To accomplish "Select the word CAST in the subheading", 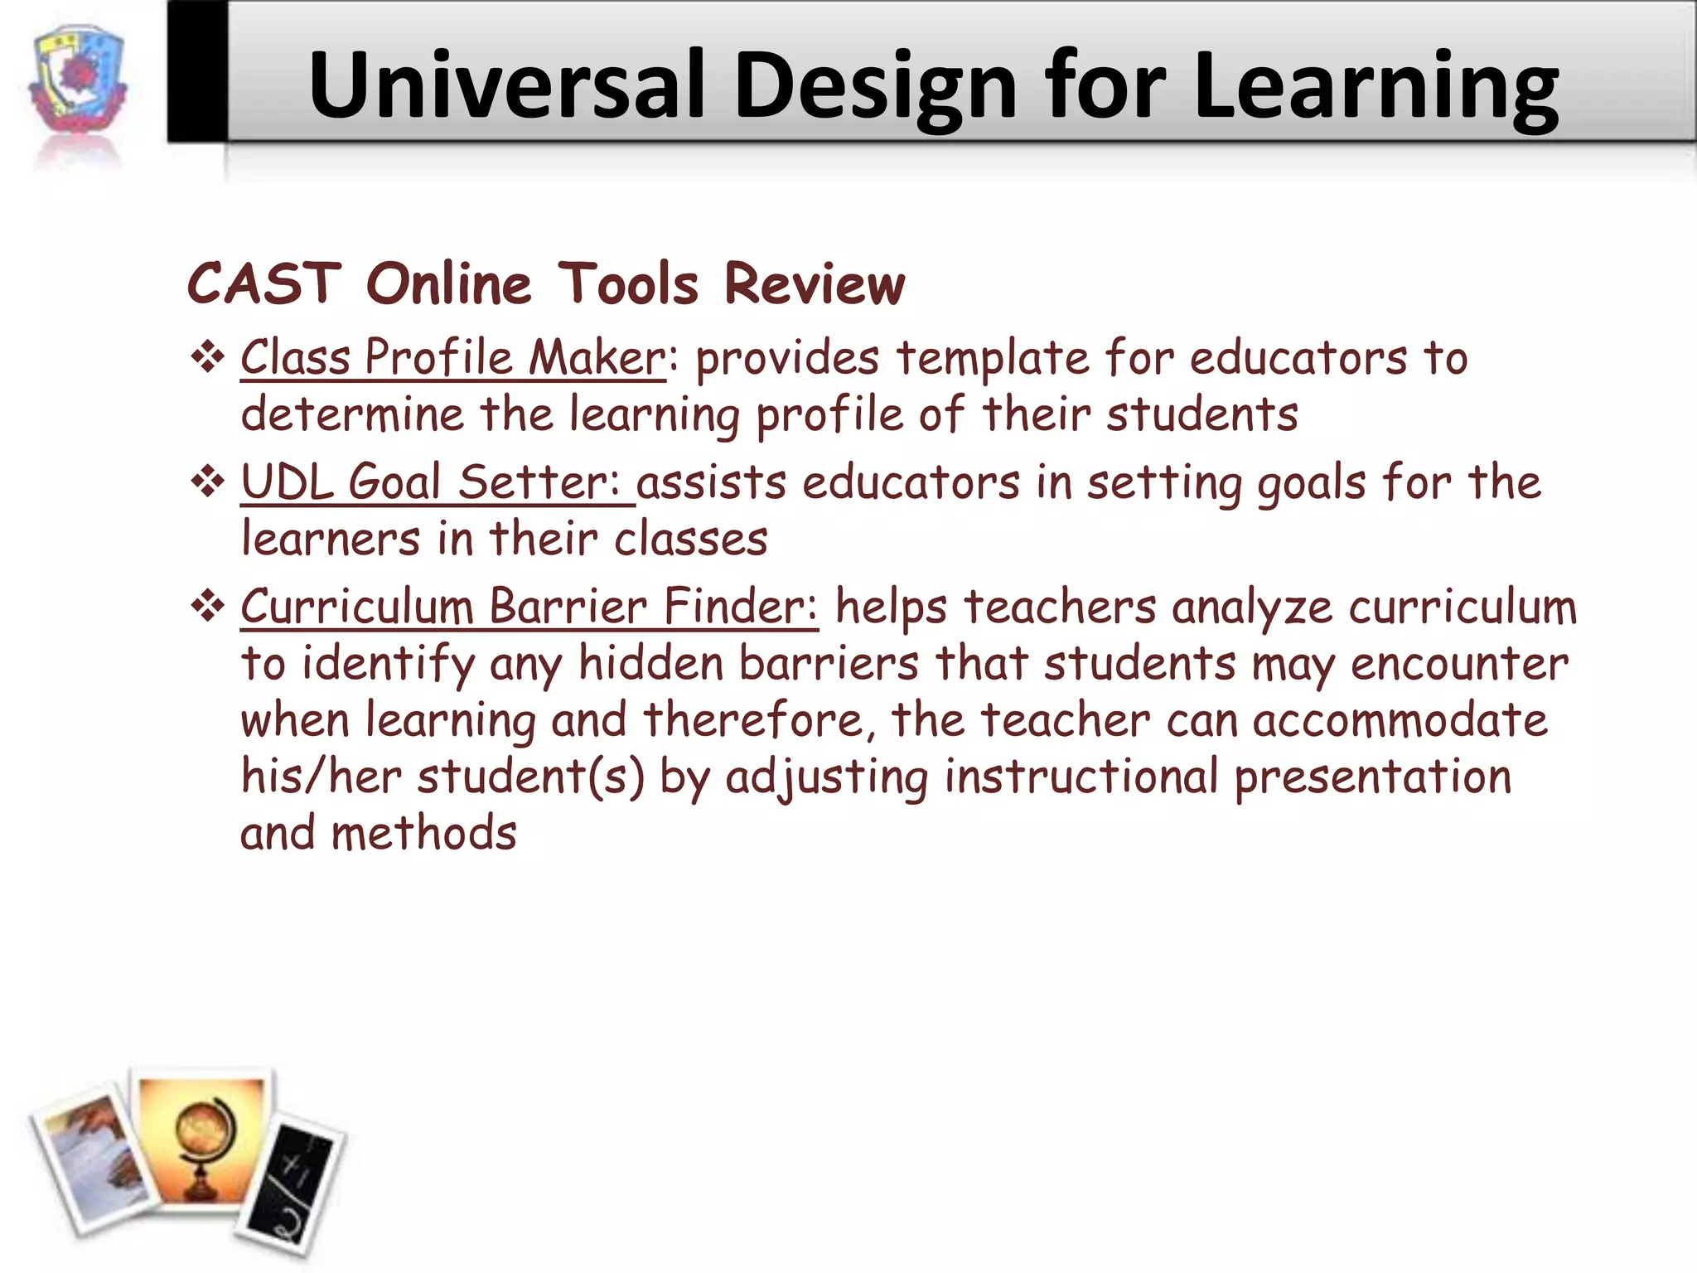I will tap(263, 283).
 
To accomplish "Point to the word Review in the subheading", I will tap(815, 283).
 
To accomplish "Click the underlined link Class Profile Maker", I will tap(452, 358).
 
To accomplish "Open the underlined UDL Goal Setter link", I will tap(437, 482).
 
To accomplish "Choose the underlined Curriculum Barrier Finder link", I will tap(529, 607).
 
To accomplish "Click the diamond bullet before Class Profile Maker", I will tap(208, 358).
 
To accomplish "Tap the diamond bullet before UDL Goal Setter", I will tap(208, 482).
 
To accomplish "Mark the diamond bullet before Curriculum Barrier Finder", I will tap(208, 607).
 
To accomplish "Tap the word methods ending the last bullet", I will tap(423, 834).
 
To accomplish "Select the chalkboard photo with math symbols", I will tap(291, 1186).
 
